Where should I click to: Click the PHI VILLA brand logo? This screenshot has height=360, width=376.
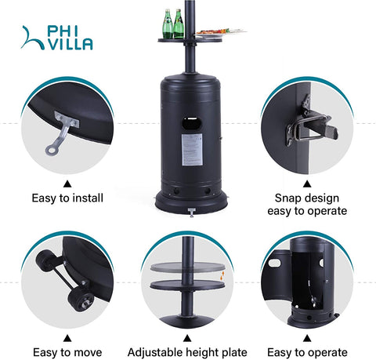[x=56, y=38]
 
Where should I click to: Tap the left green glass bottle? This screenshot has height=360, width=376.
[x=168, y=24]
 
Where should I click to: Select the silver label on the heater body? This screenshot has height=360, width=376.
[x=192, y=150]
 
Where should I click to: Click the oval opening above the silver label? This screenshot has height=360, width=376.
[x=192, y=123]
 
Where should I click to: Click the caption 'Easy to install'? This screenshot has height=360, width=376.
[x=67, y=198]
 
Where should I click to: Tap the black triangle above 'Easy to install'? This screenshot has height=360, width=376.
[x=67, y=184]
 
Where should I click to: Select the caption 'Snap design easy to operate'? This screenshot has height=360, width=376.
[x=307, y=204]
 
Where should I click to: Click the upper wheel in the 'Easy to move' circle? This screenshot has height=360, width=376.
[x=45, y=259]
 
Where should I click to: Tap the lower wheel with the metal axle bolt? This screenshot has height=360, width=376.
[x=81, y=300]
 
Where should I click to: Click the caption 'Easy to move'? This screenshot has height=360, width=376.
[x=67, y=352]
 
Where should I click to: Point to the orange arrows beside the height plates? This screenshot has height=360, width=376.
[x=222, y=276]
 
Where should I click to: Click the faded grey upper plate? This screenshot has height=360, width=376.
[x=187, y=267]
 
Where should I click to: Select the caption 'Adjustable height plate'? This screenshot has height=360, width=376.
[x=187, y=352]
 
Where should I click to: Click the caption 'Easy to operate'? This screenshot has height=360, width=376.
[x=307, y=352]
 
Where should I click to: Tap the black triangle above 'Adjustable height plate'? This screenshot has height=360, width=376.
[x=187, y=338]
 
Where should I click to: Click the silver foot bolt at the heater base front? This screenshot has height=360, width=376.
[x=192, y=212]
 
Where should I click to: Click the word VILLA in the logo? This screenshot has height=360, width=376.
[x=70, y=44]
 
